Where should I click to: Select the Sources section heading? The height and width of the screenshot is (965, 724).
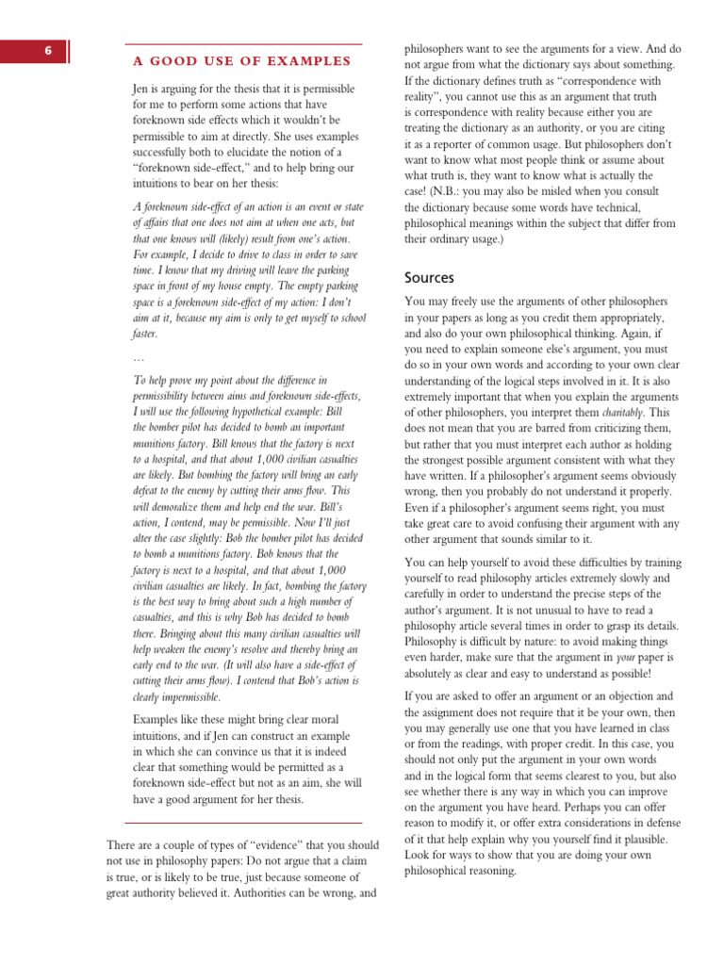(x=429, y=277)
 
